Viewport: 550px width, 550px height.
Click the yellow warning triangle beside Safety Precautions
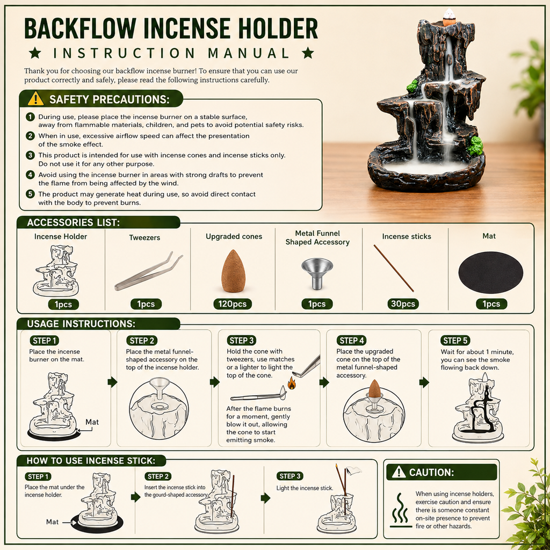coord(36,99)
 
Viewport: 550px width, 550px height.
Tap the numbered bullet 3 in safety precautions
coord(31,155)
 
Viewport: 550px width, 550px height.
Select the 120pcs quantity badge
coord(233,304)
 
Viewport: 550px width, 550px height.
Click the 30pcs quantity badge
coord(403,304)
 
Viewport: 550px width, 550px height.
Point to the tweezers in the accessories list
coord(148,271)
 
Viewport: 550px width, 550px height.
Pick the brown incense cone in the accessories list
coord(233,271)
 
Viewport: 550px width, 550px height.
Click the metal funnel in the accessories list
coord(317,273)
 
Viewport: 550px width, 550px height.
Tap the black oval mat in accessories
coord(491,272)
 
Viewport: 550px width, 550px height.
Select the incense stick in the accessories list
coord(394,269)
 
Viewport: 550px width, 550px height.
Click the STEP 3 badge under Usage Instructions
coord(241,340)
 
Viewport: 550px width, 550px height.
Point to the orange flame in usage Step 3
coord(292,383)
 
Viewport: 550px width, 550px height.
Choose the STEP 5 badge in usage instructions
coord(455,340)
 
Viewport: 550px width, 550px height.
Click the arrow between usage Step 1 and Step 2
coord(112,382)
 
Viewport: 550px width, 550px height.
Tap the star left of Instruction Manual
coord(35,53)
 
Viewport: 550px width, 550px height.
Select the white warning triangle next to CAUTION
coord(399,472)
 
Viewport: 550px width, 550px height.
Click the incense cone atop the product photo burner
coord(448,18)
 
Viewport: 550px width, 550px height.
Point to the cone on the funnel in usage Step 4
coord(375,389)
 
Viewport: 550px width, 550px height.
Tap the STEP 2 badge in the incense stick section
coord(157,476)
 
